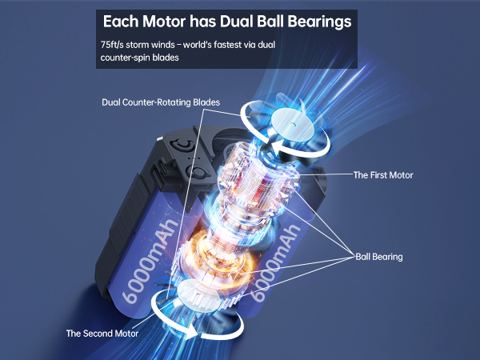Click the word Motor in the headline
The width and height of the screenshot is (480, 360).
164,22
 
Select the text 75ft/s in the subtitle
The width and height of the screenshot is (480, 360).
112,45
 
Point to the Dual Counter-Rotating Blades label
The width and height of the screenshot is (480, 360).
161,102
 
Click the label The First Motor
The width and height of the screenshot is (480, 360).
383,175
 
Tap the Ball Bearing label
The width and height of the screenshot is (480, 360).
379,257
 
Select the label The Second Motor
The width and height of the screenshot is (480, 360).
102,334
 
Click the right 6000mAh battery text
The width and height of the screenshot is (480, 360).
274,263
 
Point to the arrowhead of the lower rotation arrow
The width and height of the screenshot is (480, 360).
190,332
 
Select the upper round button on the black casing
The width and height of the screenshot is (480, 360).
182,145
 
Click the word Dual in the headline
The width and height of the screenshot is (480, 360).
236,22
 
